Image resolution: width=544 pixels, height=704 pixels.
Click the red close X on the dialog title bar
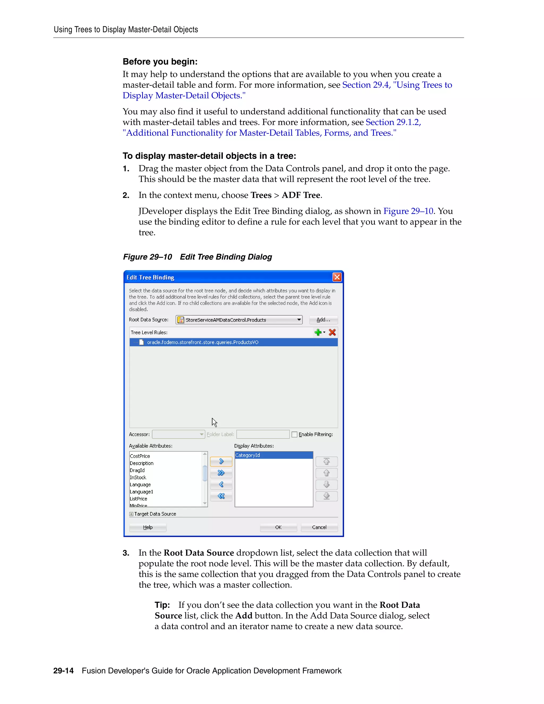[337, 277]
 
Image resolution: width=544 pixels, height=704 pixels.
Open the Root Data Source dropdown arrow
[299, 320]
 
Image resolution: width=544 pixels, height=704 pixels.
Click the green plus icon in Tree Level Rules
[318, 332]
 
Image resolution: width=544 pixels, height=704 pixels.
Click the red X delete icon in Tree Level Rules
[332, 332]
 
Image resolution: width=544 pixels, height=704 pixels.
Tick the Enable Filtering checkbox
[294, 435]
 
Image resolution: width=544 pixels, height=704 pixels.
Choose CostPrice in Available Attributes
[140, 456]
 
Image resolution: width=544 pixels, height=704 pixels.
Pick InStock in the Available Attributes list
[138, 477]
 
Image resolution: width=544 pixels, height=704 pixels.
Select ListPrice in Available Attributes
[139, 499]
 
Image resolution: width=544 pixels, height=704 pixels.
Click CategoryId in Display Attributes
[248, 455]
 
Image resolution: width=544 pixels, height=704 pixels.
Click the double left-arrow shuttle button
[221, 496]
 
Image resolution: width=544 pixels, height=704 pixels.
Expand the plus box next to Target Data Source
[131, 514]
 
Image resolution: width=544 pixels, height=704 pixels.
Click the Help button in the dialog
[148, 527]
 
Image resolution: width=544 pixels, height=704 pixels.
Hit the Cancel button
[319, 527]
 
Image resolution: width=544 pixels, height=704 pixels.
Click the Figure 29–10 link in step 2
[408, 211]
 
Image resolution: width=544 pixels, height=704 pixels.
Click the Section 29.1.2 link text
[393, 122]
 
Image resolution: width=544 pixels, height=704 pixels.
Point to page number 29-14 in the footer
[63, 671]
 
